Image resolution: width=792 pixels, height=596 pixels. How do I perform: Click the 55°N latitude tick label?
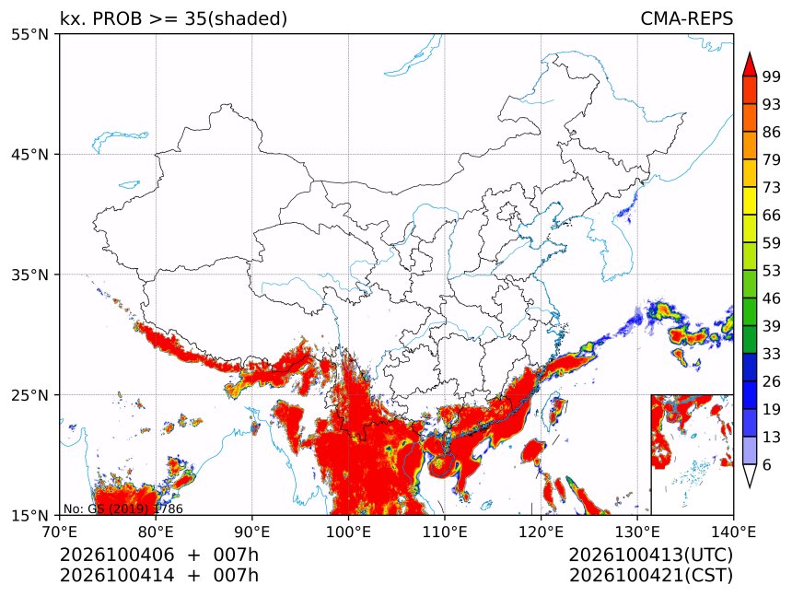click(29, 35)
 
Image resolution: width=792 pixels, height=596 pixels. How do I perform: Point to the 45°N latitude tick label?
click(29, 155)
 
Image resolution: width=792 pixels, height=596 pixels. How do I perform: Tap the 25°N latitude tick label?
click(29, 395)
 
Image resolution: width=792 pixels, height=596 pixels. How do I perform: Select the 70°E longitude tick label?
click(60, 532)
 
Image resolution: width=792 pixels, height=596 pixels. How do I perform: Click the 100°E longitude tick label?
click(348, 532)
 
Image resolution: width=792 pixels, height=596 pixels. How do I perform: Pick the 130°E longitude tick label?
click(637, 532)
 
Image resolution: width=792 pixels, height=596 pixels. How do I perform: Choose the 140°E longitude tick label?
click(733, 532)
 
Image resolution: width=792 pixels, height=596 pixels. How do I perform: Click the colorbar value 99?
click(772, 77)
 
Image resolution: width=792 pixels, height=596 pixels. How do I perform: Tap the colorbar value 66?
click(772, 216)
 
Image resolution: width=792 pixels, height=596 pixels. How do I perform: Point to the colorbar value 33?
click(772, 354)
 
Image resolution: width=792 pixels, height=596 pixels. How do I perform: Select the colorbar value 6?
click(767, 464)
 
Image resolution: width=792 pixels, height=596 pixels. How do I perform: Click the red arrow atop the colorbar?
click(750, 64)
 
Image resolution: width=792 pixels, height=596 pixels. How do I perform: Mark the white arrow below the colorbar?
click(750, 475)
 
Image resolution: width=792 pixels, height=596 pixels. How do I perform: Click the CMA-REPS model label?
click(686, 18)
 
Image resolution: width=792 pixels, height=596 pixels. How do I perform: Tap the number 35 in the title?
click(195, 18)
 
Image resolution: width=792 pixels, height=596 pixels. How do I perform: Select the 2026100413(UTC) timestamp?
click(650, 555)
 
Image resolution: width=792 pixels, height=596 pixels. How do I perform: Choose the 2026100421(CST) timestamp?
click(650, 576)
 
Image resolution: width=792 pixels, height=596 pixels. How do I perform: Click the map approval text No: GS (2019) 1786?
click(123, 508)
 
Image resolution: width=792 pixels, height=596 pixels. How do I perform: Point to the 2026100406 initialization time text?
click(117, 555)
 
